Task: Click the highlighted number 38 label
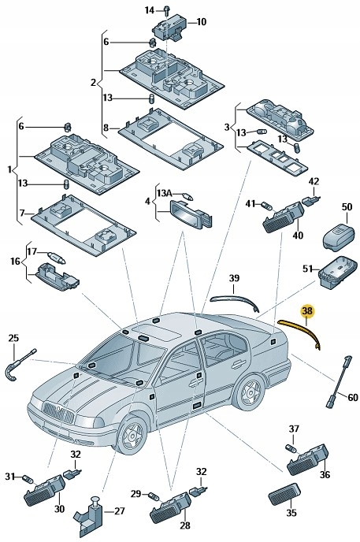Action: [x=307, y=311]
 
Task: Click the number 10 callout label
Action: [x=201, y=22]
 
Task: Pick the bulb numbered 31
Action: [x=28, y=477]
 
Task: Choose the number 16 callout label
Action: [x=15, y=261]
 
